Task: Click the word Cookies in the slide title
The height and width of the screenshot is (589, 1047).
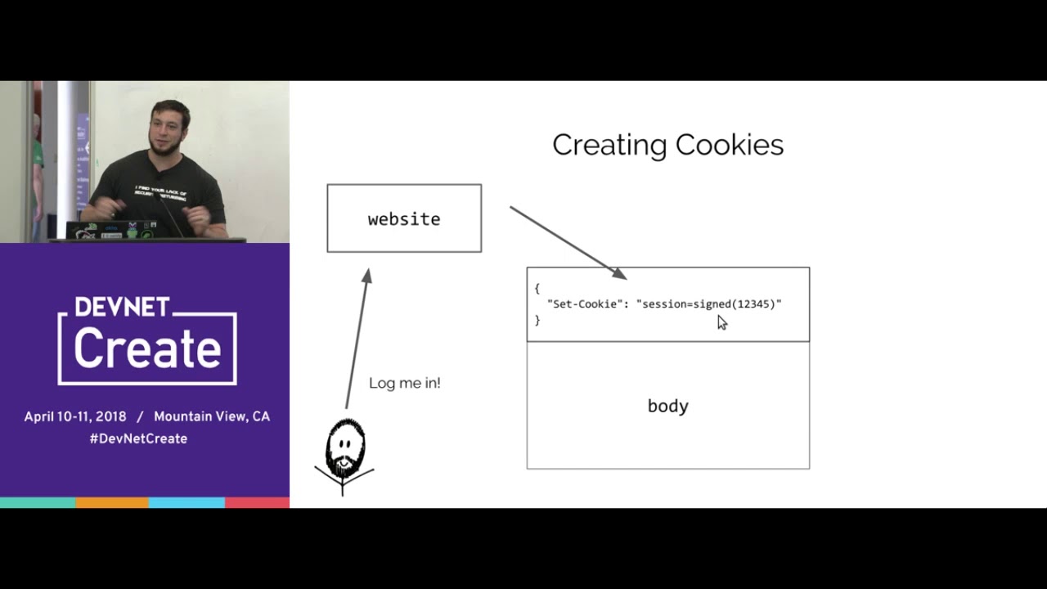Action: [729, 146]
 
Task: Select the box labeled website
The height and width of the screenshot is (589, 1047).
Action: [404, 218]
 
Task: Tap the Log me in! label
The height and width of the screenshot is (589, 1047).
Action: [404, 383]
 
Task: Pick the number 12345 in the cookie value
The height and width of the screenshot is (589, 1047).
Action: [753, 304]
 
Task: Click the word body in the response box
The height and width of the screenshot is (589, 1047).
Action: [667, 406]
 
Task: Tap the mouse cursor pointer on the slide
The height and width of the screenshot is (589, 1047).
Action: [721, 322]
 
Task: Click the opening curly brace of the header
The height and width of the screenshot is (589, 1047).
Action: [537, 289]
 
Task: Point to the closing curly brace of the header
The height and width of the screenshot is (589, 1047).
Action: [537, 320]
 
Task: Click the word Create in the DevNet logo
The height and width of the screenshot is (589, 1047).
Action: [147, 348]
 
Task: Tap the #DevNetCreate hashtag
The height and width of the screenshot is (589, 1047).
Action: [138, 438]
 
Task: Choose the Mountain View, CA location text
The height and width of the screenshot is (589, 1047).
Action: [211, 416]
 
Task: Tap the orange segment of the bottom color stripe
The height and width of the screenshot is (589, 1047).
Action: [112, 502]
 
